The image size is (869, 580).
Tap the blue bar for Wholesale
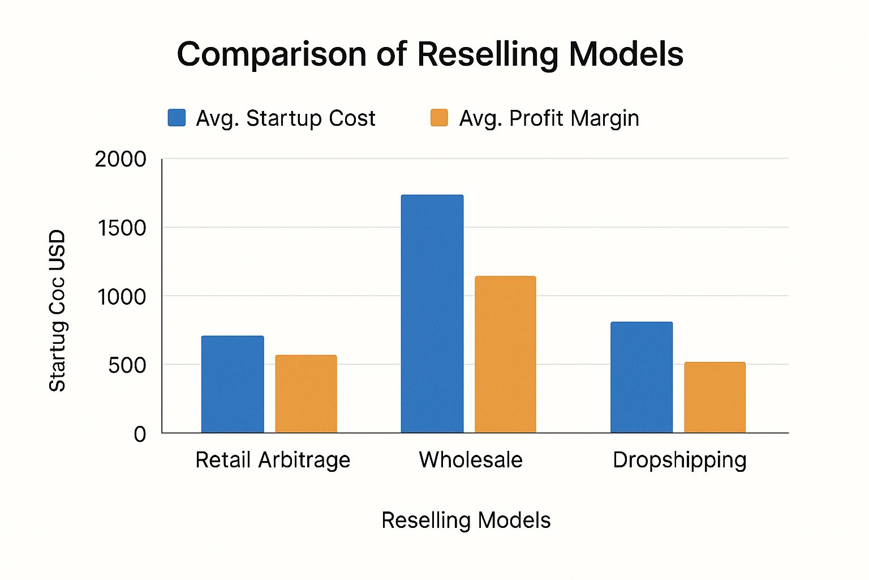tap(432, 314)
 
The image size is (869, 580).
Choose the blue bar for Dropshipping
tap(642, 377)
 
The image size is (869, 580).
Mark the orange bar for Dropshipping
tap(715, 397)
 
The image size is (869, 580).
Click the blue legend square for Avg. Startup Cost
tap(177, 118)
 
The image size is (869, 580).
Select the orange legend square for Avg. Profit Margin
tap(439, 118)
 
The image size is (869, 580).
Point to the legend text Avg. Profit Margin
tap(549, 118)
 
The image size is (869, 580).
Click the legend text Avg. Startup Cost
tap(285, 118)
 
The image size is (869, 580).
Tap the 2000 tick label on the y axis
tap(121, 159)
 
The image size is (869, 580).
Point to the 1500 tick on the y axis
tap(122, 228)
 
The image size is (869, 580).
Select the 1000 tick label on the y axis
tap(122, 296)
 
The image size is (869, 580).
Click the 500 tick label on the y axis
tap(127, 365)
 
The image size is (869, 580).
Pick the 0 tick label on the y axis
tap(140, 434)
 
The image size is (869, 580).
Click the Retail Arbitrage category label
tap(273, 460)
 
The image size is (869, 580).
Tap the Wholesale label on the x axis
tap(471, 460)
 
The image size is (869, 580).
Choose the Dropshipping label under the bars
tap(679, 460)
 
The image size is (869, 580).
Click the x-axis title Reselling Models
tap(466, 520)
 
